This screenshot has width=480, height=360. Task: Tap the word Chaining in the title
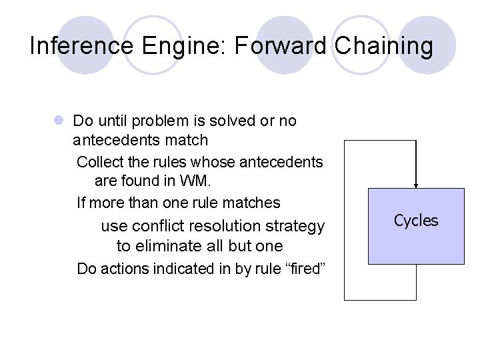[x=384, y=46]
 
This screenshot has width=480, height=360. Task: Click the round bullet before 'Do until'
[x=59, y=121]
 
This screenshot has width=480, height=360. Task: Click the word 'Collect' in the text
[x=99, y=162]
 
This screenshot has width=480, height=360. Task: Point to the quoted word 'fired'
[x=304, y=269]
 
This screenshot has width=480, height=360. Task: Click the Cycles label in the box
[x=416, y=221]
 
